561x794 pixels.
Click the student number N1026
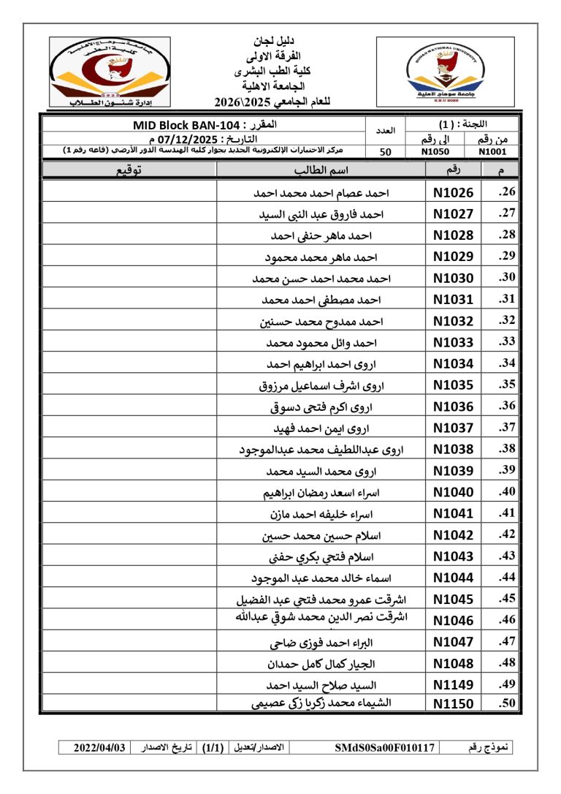click(453, 193)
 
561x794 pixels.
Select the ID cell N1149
click(453, 685)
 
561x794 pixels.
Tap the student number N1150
click(453, 705)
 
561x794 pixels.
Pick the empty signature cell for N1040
click(129, 492)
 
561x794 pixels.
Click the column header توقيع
click(129, 170)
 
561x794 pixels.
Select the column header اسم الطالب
click(321, 170)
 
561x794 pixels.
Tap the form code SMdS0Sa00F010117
click(385, 748)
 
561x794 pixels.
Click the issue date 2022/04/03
click(100, 748)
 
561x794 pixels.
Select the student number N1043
click(453, 556)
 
